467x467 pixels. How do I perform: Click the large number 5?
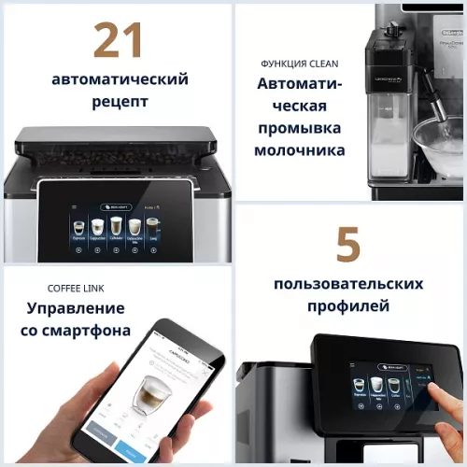347,246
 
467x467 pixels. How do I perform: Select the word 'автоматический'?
118,78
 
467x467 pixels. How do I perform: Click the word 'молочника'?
299,150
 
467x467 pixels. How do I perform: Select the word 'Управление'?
76,308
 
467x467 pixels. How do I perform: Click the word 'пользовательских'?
348,283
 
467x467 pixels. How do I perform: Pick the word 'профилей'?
348,305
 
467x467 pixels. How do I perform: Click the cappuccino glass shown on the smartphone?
149,393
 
